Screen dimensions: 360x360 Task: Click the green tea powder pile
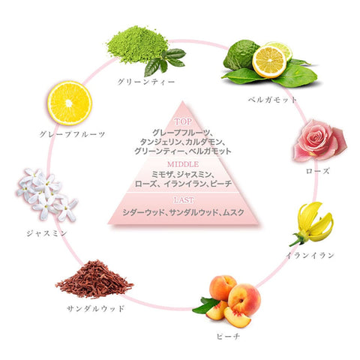137,44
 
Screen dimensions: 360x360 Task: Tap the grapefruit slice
70,103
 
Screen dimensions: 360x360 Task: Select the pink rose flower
319,140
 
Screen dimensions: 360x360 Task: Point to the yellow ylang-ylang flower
313,223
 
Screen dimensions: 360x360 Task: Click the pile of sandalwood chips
94,280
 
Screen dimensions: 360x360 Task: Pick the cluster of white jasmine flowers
46,194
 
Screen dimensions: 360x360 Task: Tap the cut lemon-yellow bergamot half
269,61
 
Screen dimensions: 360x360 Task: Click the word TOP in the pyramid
183,121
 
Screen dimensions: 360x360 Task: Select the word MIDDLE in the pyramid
183,164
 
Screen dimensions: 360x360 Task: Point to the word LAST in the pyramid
184,200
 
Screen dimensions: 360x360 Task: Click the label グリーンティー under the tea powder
146,82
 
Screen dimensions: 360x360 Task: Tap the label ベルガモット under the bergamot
272,100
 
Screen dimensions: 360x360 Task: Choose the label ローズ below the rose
318,171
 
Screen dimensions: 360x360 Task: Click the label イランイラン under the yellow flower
310,255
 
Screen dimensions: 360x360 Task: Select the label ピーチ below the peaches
228,336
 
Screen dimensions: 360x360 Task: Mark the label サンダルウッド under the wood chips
95,308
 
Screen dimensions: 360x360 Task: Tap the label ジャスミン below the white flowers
46,233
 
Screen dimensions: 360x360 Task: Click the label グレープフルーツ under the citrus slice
72,134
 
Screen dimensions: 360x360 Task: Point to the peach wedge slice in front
237,317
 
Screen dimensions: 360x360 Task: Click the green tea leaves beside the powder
164,62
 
